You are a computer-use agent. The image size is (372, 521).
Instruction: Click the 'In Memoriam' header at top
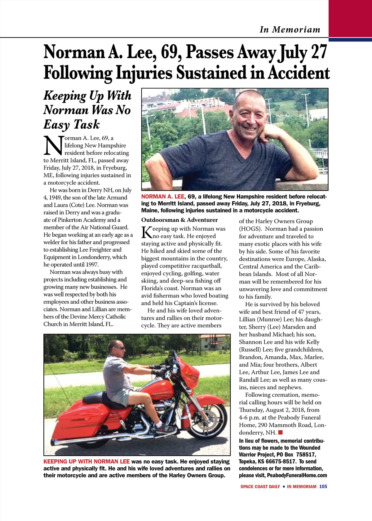click(290, 30)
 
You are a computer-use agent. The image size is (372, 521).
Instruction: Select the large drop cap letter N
click(53, 145)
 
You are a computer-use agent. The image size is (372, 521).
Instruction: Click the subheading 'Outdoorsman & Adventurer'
click(179, 220)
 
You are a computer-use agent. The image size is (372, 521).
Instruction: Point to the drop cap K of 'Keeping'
click(146, 232)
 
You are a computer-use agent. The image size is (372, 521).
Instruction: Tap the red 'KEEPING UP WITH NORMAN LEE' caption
click(86, 461)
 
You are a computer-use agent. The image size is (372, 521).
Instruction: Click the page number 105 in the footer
click(323, 487)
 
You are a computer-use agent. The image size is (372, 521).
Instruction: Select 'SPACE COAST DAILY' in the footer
click(260, 487)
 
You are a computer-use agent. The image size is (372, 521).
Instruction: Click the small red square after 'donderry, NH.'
click(281, 432)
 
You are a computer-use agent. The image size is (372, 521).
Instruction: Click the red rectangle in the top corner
click(350, 19)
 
